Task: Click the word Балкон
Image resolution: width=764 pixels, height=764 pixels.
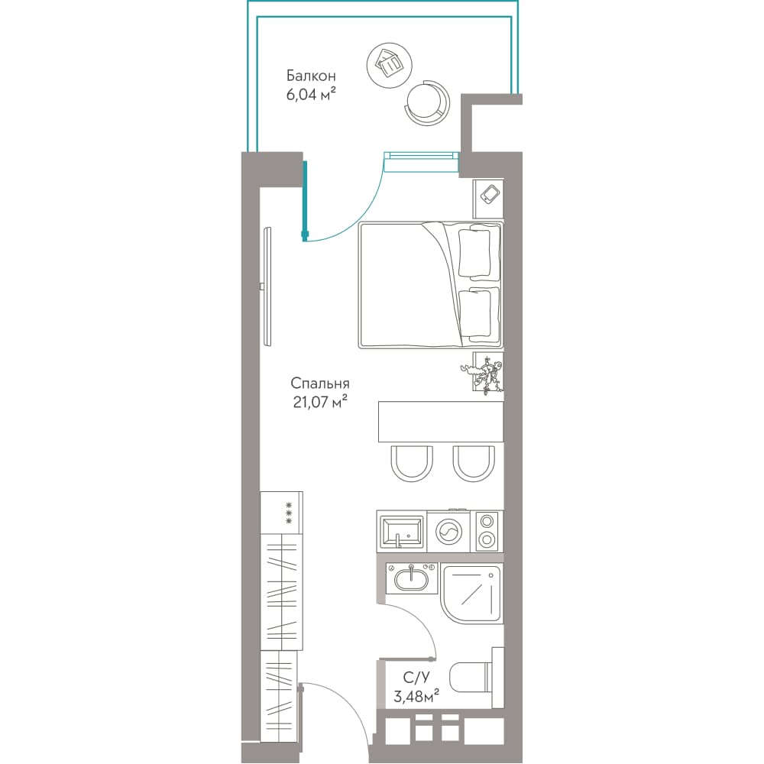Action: pos(311,76)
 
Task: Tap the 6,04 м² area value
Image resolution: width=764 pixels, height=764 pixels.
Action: pos(311,94)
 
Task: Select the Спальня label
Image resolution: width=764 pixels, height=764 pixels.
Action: pos(320,384)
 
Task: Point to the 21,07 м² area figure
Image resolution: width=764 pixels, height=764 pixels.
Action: pos(320,403)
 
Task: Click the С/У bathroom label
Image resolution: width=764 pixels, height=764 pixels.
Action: pos(416,678)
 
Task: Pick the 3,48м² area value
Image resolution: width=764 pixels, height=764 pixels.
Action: pos(416,696)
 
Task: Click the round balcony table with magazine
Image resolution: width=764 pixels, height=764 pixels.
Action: pos(390,65)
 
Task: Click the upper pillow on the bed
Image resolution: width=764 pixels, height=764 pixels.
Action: pos(474,254)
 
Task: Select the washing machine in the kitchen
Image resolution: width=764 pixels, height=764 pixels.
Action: pos(448,531)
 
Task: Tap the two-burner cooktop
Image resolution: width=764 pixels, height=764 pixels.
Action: pos(487,531)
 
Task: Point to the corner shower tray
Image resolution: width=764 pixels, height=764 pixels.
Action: pos(471,594)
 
